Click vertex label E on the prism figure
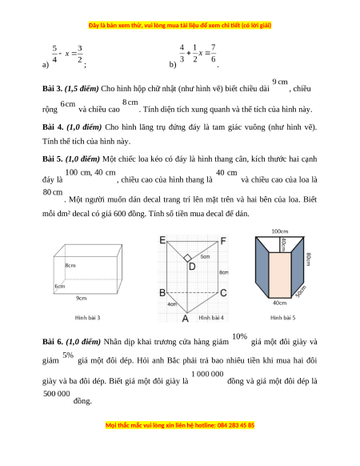(162, 240)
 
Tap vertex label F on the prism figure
(223, 240)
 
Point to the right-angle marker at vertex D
(187, 258)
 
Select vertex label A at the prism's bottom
(186, 319)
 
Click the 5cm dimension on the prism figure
(205, 256)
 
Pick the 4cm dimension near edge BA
(172, 304)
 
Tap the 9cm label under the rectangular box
(81, 298)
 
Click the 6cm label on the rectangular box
(60, 286)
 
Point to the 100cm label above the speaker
(280, 231)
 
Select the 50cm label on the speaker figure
(301, 291)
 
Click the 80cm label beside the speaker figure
(309, 259)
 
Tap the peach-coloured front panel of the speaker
(280, 275)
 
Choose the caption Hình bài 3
(88, 318)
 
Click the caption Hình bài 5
(282, 318)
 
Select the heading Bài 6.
(53, 342)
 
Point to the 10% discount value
(240, 336)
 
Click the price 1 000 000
(207, 374)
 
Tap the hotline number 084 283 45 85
(236, 425)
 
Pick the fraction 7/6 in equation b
(214, 53)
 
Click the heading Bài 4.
(53, 127)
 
